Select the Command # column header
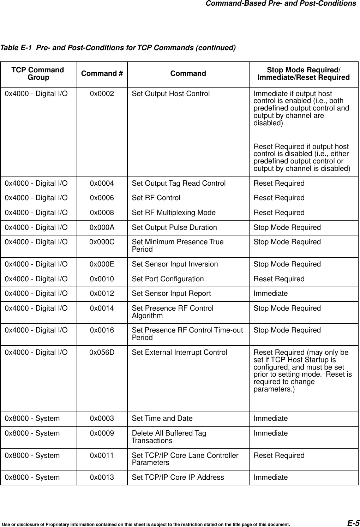[x=102, y=73]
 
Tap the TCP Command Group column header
[x=38, y=73]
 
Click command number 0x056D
[x=102, y=352]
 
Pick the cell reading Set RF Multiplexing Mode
[x=174, y=212]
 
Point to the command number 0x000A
[x=102, y=227]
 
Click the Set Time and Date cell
[x=162, y=418]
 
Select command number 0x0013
[x=102, y=477]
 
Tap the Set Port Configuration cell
[x=168, y=279]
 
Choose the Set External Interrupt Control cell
[x=179, y=352]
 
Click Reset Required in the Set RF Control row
[x=279, y=198]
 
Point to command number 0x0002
[x=102, y=94]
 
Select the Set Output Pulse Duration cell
[x=174, y=227]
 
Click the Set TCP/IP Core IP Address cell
[x=178, y=477]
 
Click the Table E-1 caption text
[x=118, y=47]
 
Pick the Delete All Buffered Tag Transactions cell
[x=169, y=437]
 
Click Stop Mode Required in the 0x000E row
[x=287, y=264]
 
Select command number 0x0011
[x=102, y=455]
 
